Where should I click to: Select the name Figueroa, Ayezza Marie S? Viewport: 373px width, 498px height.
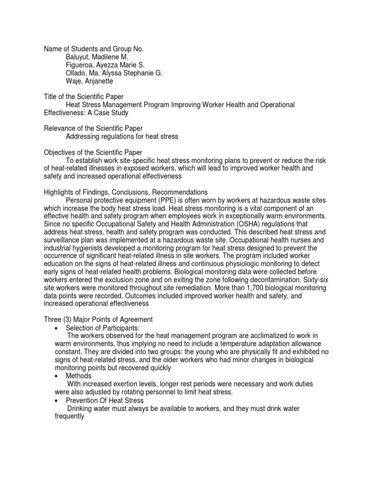tap(105, 65)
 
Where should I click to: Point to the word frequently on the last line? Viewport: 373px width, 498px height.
tap(69, 417)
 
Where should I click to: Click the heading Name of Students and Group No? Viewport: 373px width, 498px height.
tap(94, 49)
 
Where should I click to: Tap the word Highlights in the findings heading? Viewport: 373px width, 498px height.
tap(58, 192)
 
